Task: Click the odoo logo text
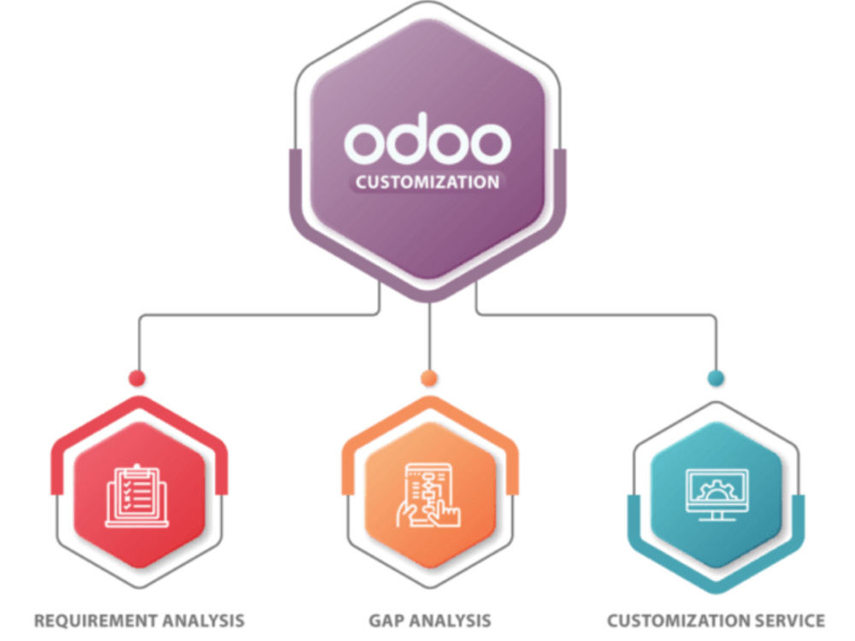tap(427, 139)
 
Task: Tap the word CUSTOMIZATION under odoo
tap(427, 182)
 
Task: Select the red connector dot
tap(137, 378)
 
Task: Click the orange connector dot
tap(429, 378)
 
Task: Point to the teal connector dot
tap(716, 378)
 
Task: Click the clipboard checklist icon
tap(137, 496)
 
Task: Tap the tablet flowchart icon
tap(428, 495)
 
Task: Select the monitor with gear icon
tap(717, 494)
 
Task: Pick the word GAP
tap(386, 620)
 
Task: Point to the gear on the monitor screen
tap(716, 490)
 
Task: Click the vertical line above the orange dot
tap(430, 336)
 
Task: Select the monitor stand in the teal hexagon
tap(717, 516)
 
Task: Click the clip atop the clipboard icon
tap(137, 468)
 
